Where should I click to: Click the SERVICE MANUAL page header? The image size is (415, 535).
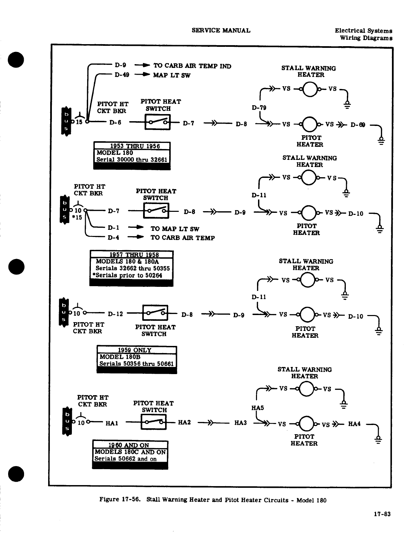pyautogui.click(x=221, y=30)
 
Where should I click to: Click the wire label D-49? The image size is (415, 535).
pyautogui.click(x=122, y=75)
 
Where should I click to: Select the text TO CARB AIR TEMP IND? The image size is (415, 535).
pyautogui.click(x=192, y=66)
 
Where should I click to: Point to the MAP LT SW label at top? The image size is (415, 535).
pyautogui.click(x=172, y=75)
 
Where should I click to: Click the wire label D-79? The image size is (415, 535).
pyautogui.click(x=259, y=108)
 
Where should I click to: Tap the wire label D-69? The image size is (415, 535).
pyautogui.click(x=358, y=125)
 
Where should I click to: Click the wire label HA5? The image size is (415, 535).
pyautogui.click(x=257, y=408)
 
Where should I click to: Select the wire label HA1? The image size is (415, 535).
pyautogui.click(x=112, y=423)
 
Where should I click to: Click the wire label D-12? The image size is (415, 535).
pyautogui.click(x=115, y=314)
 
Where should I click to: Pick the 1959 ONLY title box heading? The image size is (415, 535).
pyautogui.click(x=135, y=350)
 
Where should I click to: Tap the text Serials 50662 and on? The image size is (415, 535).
pyautogui.click(x=125, y=459)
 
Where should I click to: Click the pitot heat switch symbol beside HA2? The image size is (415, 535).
pyautogui.click(x=154, y=423)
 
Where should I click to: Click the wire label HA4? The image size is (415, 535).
pyautogui.click(x=354, y=424)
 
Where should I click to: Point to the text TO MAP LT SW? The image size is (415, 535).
pyautogui.click(x=175, y=229)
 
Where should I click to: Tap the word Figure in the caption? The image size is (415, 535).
pyautogui.click(x=109, y=499)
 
